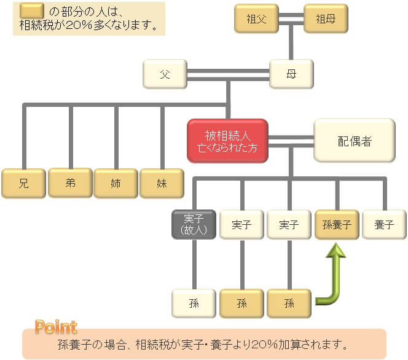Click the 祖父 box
coord(256,18)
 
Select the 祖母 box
coord(326,18)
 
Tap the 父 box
coord(165,74)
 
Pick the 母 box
coord(291,74)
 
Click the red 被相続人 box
coord(228,141)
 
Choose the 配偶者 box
coord(355,141)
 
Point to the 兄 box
coord(24,184)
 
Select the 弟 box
coord(71,183)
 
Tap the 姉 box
coord(116,184)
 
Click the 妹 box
coord(162,184)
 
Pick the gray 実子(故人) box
coord(194,224)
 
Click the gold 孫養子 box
coord(337,224)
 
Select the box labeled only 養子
coord(384,224)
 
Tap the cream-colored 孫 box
coord(194,303)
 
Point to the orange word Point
coord(56,327)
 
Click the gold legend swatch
coord(32,10)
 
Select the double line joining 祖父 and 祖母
coord(291,19)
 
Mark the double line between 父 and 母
coord(228,75)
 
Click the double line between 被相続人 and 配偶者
coord(291,141)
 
